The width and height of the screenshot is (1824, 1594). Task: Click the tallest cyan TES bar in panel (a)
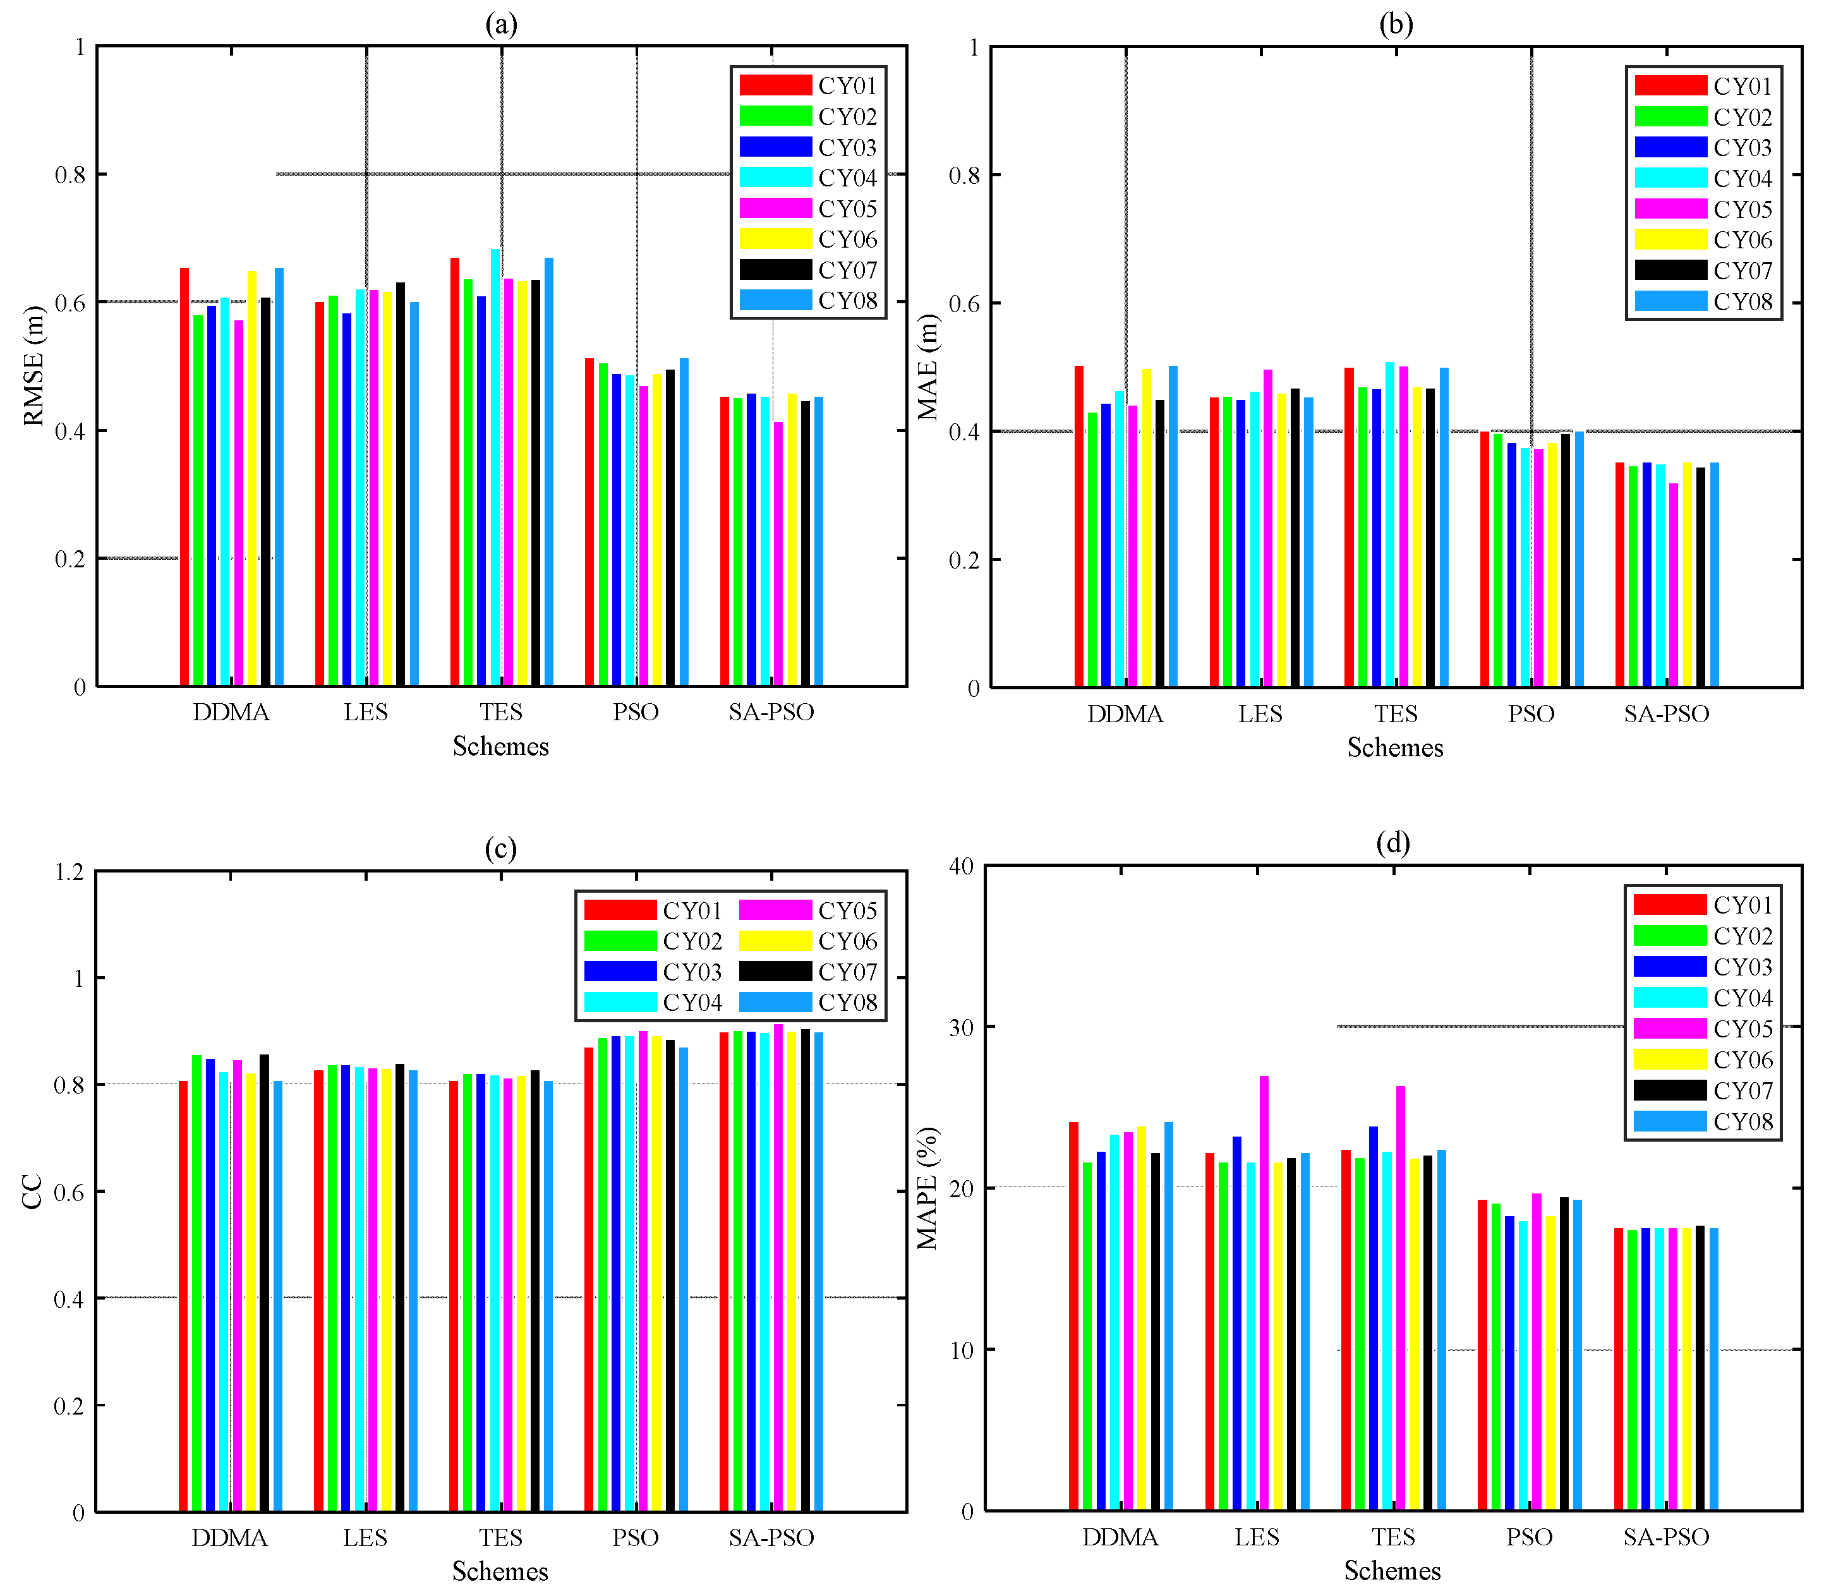[495, 467]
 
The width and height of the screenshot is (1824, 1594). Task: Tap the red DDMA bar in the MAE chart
[1078, 526]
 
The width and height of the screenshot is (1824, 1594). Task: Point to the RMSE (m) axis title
[33, 366]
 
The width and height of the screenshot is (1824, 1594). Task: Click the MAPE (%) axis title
[927, 1188]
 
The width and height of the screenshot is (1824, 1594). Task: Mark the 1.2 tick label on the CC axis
[69, 872]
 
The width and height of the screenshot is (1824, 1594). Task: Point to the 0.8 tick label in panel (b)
[964, 175]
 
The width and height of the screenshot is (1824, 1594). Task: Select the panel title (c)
[500, 848]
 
